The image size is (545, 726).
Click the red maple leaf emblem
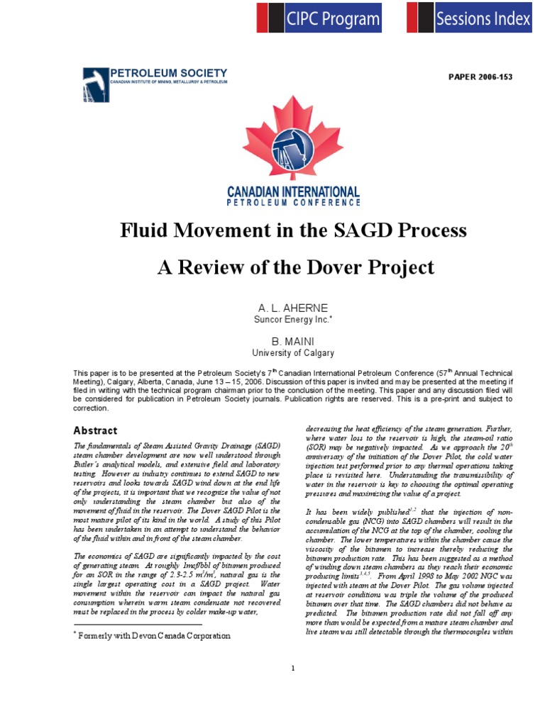click(293, 139)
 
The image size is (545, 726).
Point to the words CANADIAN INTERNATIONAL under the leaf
click(293, 191)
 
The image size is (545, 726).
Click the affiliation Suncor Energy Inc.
click(293, 319)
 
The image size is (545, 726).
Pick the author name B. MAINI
click(293, 342)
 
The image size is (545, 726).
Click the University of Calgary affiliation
click(293, 353)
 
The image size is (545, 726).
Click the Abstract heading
click(96, 430)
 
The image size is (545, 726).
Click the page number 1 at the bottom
click(293, 669)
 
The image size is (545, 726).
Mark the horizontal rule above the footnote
click(138, 625)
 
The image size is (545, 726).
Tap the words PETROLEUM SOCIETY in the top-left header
click(169, 73)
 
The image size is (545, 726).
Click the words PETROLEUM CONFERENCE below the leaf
click(293, 202)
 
